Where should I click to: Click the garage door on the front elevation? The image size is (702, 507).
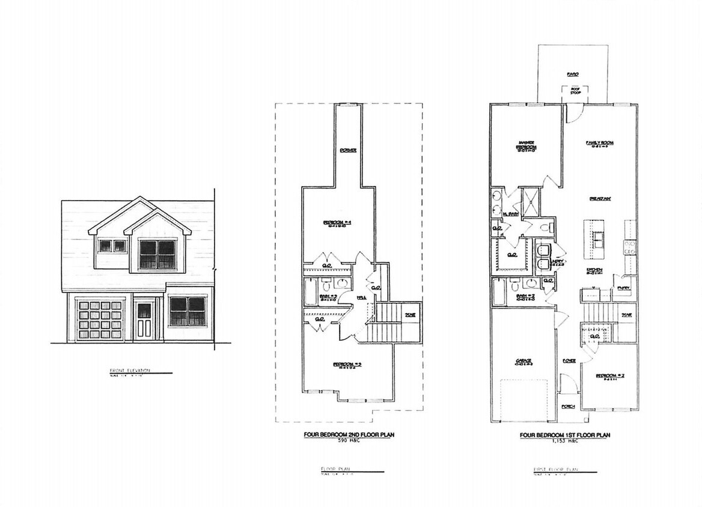(x=100, y=319)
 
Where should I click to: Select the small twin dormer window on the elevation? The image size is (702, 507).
(x=112, y=246)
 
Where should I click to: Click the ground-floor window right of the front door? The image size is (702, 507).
(x=188, y=311)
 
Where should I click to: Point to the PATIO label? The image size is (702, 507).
(x=572, y=74)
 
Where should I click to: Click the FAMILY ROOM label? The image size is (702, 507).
(x=603, y=143)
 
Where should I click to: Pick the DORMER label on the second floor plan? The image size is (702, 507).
(x=348, y=150)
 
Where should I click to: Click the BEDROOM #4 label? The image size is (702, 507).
(x=337, y=223)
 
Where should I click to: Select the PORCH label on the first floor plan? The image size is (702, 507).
(x=569, y=407)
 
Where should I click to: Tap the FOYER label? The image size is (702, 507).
(x=569, y=360)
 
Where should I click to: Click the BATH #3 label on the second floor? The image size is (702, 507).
(x=328, y=297)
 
